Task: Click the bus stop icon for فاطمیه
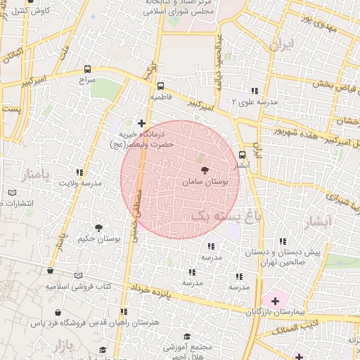click(160, 86)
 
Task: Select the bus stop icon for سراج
click(87, 70)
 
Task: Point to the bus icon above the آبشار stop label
click(243, 155)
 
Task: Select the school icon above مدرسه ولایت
click(79, 172)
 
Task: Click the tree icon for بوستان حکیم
click(98, 227)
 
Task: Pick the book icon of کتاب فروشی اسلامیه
click(78, 276)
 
